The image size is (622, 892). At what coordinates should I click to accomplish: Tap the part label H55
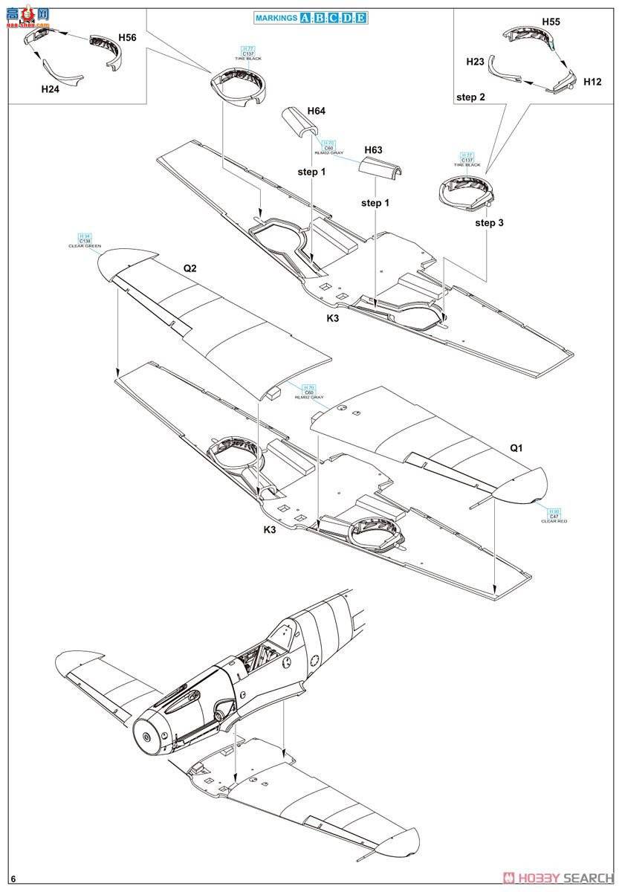pos(550,22)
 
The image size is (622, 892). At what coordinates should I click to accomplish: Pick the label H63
pos(373,150)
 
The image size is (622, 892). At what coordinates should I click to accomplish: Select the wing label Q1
pos(516,448)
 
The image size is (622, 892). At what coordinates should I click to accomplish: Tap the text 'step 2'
pos(470,97)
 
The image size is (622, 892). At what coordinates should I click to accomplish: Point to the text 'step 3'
pos(490,222)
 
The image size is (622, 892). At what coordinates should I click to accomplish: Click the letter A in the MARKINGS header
pos(305,18)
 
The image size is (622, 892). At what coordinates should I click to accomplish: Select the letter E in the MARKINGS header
pos(360,18)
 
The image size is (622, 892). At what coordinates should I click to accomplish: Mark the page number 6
pos(13,880)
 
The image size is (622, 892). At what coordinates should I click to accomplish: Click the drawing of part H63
pos(381,169)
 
